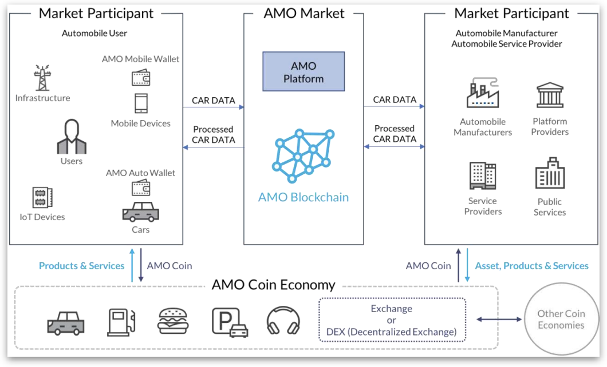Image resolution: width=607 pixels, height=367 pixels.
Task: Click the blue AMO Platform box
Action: point(303,71)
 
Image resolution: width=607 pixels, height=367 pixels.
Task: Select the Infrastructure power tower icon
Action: point(42,78)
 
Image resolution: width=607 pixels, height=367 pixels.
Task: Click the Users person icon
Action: point(72,137)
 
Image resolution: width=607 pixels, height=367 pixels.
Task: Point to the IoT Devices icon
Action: point(42,198)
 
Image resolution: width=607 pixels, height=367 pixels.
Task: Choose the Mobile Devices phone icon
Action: point(141,104)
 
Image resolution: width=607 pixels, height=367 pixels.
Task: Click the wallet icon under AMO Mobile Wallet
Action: point(141,77)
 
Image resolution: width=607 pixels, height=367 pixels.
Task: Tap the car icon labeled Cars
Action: point(140,212)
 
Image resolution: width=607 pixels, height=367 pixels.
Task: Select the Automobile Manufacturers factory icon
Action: point(483,95)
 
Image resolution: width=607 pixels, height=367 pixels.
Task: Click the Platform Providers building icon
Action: point(550,95)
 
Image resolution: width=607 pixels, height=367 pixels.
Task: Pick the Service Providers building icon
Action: point(482,175)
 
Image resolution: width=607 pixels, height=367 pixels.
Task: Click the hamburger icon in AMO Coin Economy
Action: point(173,321)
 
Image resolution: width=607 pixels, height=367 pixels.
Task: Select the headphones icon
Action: point(283,321)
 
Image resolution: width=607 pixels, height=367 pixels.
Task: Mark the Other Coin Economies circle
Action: point(561,319)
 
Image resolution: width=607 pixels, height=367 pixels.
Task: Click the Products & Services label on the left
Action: point(81,266)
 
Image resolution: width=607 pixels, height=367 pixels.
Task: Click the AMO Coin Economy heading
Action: point(273,285)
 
